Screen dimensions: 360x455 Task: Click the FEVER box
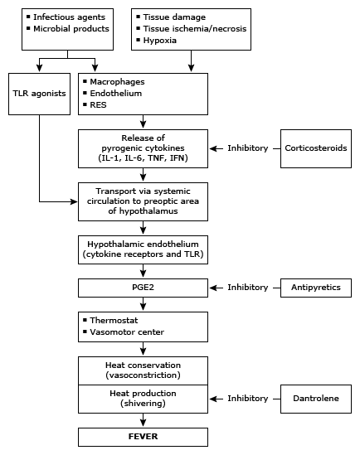point(143,437)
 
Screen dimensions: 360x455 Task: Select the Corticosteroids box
point(316,148)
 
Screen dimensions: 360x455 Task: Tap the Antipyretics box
point(316,288)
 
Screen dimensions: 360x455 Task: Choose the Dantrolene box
point(316,399)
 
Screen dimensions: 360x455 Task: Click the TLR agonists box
point(39,94)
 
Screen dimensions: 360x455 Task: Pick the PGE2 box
point(143,288)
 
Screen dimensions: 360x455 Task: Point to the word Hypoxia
point(159,41)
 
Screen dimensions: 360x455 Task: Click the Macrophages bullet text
point(117,82)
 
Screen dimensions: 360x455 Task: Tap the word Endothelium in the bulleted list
point(116,93)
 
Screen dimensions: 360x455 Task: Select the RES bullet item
point(98,104)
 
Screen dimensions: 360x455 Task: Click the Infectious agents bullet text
point(69,17)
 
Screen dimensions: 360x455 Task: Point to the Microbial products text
point(71,29)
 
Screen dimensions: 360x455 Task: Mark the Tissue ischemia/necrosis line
point(194,29)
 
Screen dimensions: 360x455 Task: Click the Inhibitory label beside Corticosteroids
point(248,148)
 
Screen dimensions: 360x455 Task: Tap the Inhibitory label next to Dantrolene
point(248,398)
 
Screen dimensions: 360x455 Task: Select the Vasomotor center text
point(127,332)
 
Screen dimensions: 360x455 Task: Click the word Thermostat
point(114,321)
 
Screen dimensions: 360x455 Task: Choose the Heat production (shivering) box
point(143,399)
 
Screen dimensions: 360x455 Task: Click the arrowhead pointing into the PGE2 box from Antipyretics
point(213,288)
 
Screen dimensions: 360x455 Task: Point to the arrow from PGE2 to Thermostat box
point(143,304)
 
